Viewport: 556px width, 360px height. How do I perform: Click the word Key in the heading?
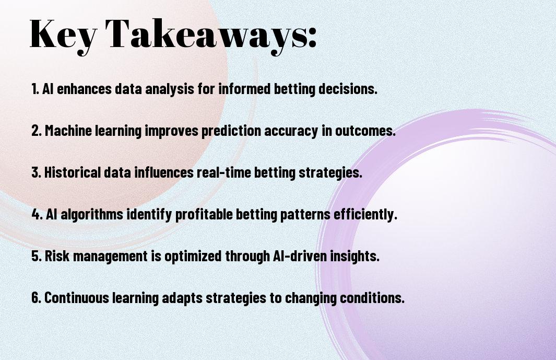[63, 35]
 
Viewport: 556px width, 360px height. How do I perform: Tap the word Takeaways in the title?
[206, 35]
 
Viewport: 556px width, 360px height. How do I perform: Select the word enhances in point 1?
[84, 88]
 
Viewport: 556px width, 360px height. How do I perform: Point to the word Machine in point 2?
[68, 130]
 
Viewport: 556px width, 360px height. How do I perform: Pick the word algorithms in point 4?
[92, 214]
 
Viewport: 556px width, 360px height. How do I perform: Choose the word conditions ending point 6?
[372, 297]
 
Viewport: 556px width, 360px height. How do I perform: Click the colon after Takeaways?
[312, 39]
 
